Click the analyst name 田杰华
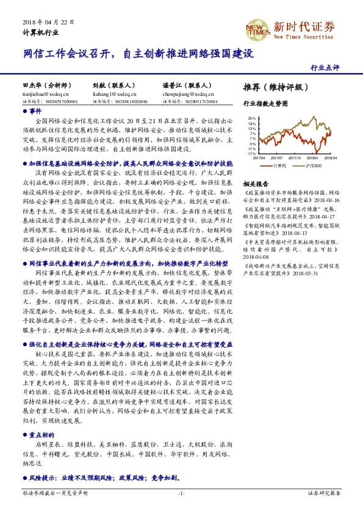pyautogui.click(x=31, y=86)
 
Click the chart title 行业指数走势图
pyautogui.click(x=265, y=104)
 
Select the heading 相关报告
pyautogui.click(x=255, y=183)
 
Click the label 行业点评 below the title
pyautogui.click(x=324, y=67)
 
